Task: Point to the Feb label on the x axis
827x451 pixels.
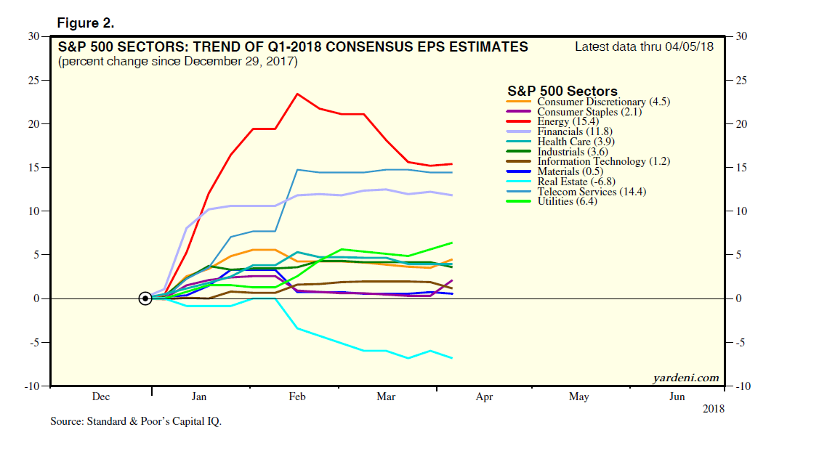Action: [x=296, y=397]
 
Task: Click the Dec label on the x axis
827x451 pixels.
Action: [x=101, y=397]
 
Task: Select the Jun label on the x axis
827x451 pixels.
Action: [x=677, y=397]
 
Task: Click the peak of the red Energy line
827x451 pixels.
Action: [x=296, y=94]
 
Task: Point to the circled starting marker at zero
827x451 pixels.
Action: [x=145, y=298]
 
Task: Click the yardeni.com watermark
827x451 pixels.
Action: [x=685, y=377]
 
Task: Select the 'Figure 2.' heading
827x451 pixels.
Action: [x=86, y=23]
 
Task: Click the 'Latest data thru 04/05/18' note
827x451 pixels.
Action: [x=643, y=46]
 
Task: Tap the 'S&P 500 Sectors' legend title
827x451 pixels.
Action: [x=562, y=92]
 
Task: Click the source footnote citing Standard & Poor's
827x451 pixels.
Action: [x=135, y=421]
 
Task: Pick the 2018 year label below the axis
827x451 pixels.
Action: [x=713, y=408]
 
